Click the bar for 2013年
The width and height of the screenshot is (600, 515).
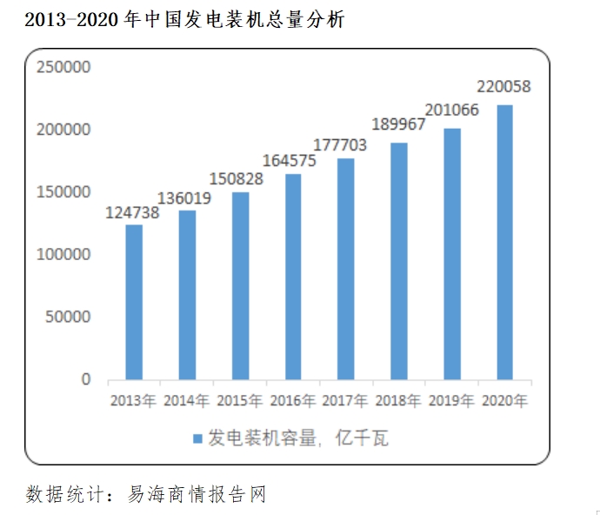point(134,302)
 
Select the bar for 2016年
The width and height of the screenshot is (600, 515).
point(293,277)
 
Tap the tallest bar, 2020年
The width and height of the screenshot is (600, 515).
point(504,242)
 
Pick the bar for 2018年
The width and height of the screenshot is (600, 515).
point(398,261)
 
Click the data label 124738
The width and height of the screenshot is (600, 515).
point(132,212)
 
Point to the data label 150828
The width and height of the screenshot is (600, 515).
point(239,179)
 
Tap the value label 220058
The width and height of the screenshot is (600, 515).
point(504,87)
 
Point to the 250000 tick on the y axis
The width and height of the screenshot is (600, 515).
point(63,67)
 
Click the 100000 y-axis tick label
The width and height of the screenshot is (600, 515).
point(63,255)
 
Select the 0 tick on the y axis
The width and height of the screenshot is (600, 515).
point(86,379)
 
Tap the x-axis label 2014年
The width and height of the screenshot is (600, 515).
point(187,401)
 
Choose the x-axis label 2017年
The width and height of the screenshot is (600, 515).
point(345,401)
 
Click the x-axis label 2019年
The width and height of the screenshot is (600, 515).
point(451,401)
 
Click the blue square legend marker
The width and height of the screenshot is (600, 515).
point(197,438)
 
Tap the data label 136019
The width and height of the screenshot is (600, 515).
point(186,198)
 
